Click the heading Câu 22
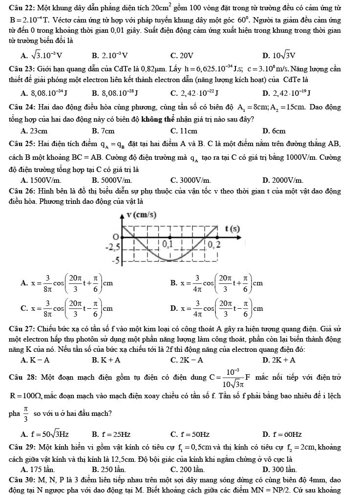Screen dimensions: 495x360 coord(21,9)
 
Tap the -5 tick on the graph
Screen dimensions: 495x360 coord(116,259)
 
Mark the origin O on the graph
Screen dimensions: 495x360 coord(116,237)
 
